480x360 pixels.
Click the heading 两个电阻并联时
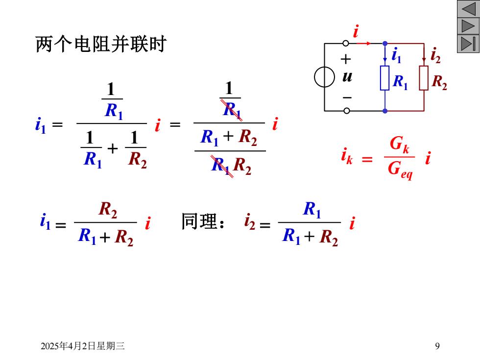point(101,44)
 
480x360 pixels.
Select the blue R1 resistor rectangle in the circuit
point(385,78)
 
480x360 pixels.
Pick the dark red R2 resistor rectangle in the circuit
point(424,78)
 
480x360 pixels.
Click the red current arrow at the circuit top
point(363,44)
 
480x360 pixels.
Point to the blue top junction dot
point(385,44)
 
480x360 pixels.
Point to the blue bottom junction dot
point(385,111)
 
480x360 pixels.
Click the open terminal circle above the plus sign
point(346,44)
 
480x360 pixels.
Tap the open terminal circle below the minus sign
point(347,111)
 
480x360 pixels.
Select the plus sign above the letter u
point(346,59)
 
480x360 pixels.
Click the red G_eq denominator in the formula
point(400,170)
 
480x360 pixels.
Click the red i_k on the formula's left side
point(347,156)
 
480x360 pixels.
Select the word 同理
point(199,221)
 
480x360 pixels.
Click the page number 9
point(437,346)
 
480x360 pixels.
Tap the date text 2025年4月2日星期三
point(83,346)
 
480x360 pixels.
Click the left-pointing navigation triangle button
point(468,9)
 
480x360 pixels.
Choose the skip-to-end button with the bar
point(468,44)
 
